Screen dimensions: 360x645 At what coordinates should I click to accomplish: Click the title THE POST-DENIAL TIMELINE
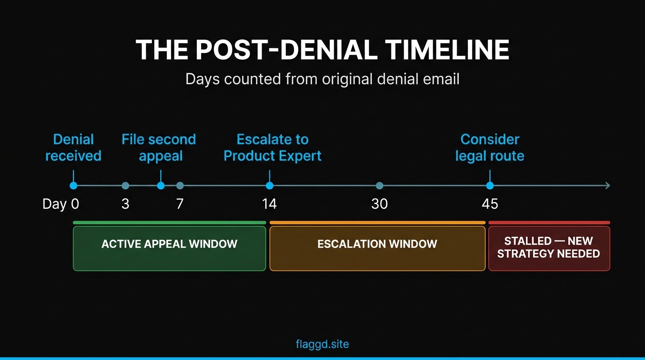tap(322, 49)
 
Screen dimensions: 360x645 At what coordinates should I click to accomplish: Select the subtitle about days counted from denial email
tap(322, 78)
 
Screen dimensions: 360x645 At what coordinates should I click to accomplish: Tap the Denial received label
tap(73, 147)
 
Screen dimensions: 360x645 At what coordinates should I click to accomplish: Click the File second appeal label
tap(159, 147)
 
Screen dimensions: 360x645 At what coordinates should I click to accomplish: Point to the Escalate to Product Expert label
tap(272, 147)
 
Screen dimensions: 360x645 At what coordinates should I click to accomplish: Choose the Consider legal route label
tap(490, 147)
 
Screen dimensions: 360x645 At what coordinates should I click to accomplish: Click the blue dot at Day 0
tap(73, 186)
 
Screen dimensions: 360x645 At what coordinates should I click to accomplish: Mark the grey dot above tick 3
tap(125, 186)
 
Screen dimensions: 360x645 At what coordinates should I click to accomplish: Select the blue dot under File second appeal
tap(161, 186)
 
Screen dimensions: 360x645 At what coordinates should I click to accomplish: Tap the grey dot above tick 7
tap(180, 186)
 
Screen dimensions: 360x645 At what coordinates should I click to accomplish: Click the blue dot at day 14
tap(270, 186)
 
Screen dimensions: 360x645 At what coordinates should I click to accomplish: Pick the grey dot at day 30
tap(379, 186)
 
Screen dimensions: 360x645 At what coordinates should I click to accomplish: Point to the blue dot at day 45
tap(490, 186)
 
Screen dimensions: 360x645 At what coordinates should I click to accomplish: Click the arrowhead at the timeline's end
tap(607, 186)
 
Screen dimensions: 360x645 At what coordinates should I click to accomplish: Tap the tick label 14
tap(270, 204)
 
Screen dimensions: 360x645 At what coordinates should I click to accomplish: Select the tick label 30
tap(379, 204)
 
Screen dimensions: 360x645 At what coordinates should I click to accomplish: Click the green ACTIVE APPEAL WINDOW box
tap(169, 248)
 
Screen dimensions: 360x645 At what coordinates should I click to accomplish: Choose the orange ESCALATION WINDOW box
tap(377, 248)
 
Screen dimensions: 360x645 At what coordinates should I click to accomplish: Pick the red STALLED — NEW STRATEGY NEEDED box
tap(549, 248)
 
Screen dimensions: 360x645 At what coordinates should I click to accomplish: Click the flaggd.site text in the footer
tap(322, 344)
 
